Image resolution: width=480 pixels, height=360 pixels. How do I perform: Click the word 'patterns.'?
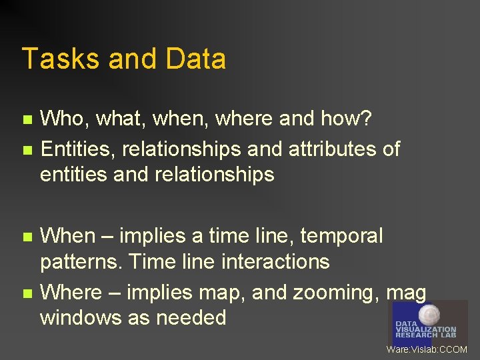tap(81, 262)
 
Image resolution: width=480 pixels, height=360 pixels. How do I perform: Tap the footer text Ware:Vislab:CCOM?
tap(427, 349)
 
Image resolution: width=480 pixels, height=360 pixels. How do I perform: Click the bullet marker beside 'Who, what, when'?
tap(27, 120)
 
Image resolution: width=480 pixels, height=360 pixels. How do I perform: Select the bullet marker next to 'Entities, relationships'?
tap(27, 150)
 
